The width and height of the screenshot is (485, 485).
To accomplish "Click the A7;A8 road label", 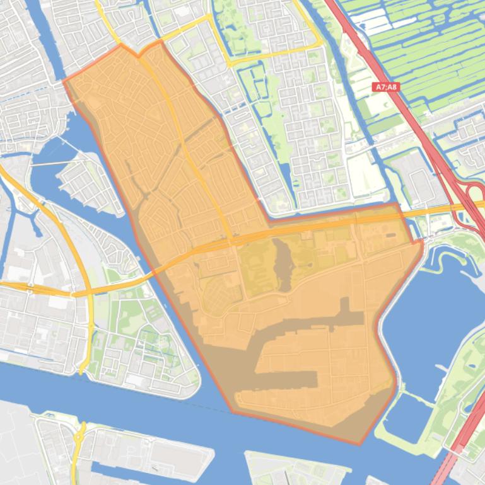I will pyautogui.click(x=385, y=88).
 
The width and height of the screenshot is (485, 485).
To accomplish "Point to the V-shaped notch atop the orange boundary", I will pyautogui.click(x=139, y=56).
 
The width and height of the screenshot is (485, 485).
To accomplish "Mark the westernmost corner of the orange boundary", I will pyautogui.click(x=64, y=81).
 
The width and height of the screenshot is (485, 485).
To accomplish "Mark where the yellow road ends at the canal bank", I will pyautogui.click(x=83, y=371).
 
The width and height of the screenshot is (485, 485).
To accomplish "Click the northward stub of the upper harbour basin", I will pyautogui.click(x=344, y=305).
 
